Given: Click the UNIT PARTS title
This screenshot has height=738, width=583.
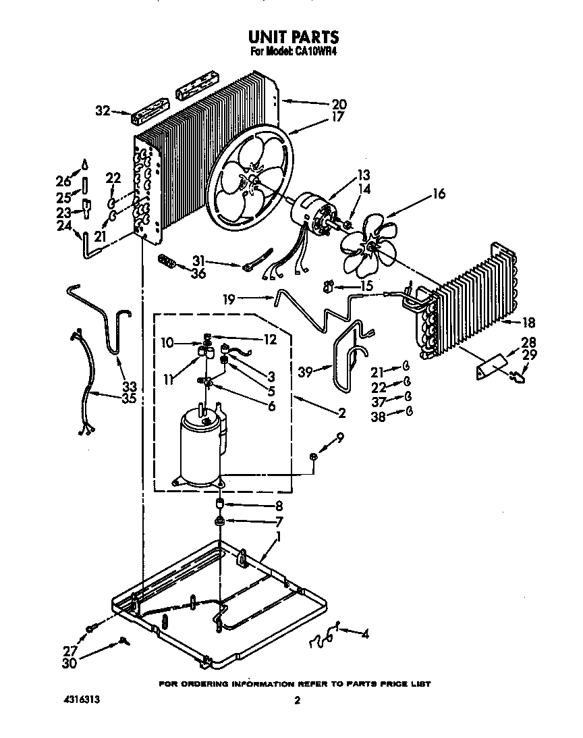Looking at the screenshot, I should coord(293,36).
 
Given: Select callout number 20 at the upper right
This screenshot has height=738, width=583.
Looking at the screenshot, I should coord(338,104).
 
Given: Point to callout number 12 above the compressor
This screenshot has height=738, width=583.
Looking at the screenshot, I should coord(270,340).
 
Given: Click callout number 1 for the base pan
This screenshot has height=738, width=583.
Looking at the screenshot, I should coord(278,537).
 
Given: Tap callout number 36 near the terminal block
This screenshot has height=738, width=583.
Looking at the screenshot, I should coord(197,273).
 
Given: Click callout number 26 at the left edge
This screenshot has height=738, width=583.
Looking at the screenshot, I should coord(63,182).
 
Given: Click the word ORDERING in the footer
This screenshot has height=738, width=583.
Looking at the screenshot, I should coord(204,683).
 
